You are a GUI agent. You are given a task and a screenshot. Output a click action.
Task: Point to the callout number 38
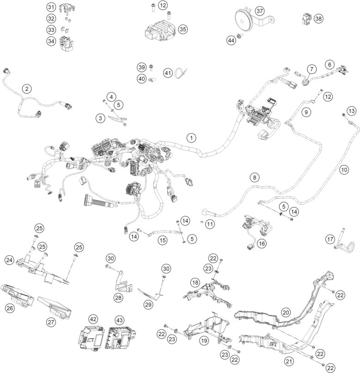(x=318, y=19)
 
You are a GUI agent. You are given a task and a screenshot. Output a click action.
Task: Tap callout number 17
(x=329, y=239)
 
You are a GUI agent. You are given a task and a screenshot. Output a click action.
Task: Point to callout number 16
(x=262, y=243)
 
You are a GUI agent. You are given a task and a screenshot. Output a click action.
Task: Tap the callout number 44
(x=230, y=41)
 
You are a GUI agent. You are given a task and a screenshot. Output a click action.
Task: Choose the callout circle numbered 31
(x=51, y=7)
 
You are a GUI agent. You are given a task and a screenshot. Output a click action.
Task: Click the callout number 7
(x=311, y=69)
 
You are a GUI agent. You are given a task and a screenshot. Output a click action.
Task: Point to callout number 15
(x=162, y=240)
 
